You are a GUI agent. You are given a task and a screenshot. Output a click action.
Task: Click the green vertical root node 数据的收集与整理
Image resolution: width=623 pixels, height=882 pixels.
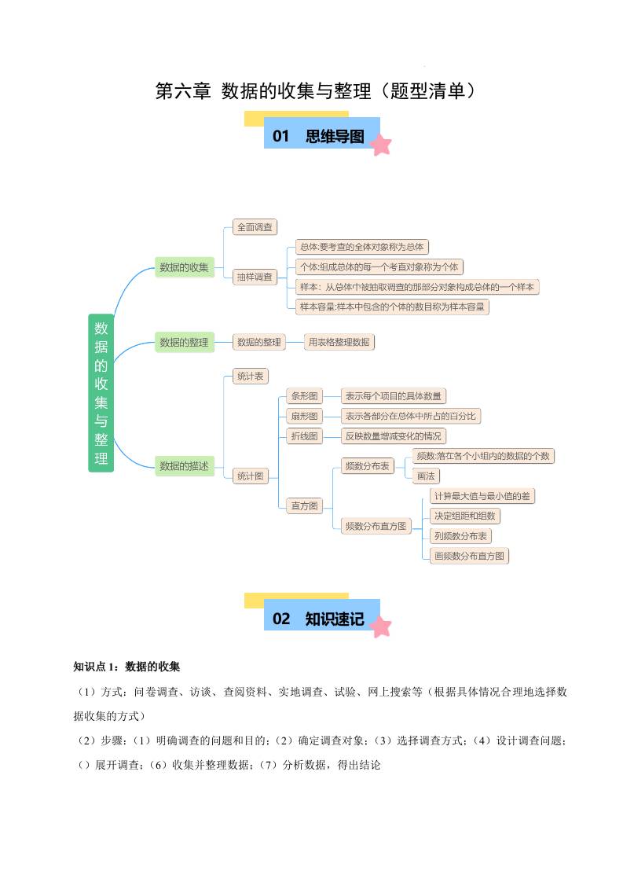101,393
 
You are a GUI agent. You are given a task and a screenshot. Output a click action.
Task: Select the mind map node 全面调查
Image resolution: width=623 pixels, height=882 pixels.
255,227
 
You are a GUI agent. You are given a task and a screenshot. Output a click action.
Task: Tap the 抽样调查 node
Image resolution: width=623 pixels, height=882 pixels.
255,277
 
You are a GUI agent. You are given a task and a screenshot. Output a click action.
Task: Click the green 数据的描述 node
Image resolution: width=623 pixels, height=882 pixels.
185,466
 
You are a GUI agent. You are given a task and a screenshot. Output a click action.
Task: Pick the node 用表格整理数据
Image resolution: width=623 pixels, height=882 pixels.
339,342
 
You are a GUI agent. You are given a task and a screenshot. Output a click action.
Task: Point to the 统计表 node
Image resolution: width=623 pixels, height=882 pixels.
250,377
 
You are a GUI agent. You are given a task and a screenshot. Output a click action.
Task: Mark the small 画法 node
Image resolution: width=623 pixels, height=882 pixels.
426,476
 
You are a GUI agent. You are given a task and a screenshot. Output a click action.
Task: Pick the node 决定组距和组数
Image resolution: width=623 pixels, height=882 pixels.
465,516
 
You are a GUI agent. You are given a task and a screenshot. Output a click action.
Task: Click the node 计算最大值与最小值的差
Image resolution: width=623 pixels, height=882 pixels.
482,496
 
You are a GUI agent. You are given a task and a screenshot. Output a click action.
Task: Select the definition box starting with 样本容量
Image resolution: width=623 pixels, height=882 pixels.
392,307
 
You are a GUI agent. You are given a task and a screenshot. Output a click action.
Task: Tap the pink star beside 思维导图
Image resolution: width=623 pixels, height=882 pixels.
381,145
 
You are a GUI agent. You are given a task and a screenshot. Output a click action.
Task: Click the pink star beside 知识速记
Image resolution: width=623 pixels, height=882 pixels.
381,627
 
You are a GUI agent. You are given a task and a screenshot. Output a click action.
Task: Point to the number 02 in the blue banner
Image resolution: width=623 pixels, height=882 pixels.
281,619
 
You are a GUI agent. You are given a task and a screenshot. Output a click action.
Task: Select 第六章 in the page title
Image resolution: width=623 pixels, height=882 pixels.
183,91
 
